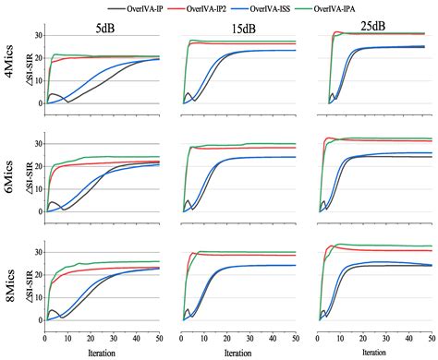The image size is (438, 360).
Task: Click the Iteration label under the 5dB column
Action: coord(102,352)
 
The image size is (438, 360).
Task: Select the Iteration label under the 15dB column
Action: coord(238,352)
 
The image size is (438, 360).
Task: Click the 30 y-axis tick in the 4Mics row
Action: coord(38,36)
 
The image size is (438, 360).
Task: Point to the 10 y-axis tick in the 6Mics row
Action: coord(38,189)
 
